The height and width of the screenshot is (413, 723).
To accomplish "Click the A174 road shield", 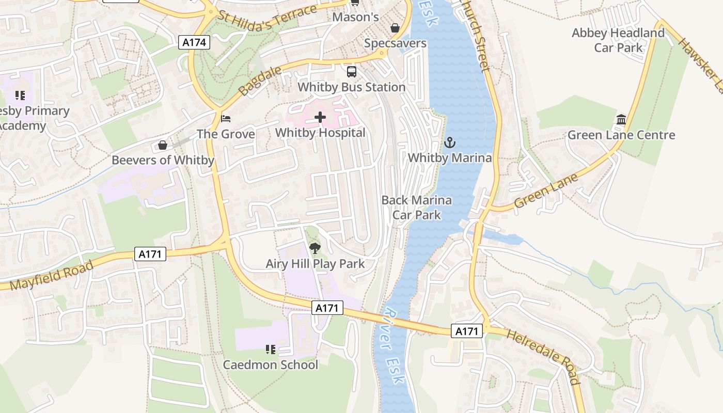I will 195,42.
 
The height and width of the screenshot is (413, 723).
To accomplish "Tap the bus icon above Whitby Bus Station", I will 352,71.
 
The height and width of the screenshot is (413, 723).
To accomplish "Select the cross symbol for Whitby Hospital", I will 320,118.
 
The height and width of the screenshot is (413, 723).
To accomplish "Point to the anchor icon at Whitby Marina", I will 450,142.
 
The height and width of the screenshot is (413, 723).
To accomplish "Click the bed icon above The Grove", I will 226,119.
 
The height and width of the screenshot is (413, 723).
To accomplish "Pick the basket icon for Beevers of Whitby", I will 163,145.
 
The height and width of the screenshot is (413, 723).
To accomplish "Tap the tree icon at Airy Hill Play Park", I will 315,249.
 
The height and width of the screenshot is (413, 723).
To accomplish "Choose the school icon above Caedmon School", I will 270,350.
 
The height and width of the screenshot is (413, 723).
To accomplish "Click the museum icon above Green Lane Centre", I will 621,120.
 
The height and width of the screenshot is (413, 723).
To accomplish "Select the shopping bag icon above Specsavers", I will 395,28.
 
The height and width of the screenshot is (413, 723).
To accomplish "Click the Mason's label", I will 355,17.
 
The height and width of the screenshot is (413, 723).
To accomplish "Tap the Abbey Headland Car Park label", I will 618,40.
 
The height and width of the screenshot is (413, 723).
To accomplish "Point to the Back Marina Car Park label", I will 417,207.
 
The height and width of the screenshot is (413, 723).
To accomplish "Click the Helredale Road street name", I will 543,357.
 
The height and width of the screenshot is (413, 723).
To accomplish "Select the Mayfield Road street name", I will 52,276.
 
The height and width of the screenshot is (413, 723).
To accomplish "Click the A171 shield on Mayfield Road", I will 151,253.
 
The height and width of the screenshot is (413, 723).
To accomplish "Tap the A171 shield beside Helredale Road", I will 467,331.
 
